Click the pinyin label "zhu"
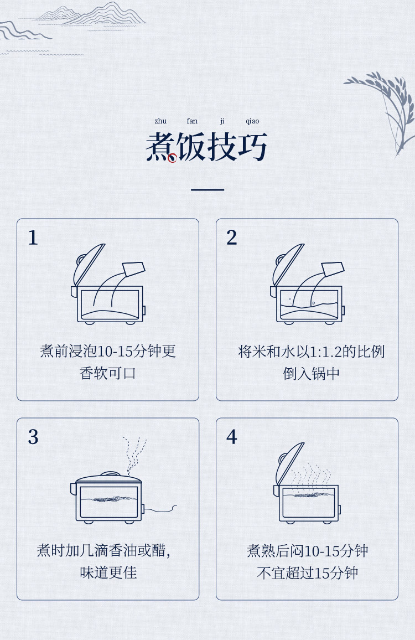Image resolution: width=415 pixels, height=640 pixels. (160, 121)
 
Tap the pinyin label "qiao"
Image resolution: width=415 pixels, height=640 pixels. (252, 121)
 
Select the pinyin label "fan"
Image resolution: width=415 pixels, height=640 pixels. (192, 121)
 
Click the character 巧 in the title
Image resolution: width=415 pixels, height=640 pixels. (252, 146)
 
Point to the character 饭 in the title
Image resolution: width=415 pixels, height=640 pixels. (192, 146)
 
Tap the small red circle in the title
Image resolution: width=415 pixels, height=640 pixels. (172, 158)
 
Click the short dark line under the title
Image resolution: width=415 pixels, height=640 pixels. (207, 189)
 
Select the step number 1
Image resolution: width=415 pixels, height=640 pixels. (33, 237)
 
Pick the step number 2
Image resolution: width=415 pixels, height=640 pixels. (231, 237)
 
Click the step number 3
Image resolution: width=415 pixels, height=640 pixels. (33, 437)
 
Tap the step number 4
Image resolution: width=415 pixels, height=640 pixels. (231, 437)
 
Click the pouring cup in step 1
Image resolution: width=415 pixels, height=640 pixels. (133, 269)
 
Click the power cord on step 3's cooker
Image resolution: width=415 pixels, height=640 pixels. (160, 509)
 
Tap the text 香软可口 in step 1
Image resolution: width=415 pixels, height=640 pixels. (108, 373)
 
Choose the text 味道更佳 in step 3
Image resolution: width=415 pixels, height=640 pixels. (108, 572)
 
